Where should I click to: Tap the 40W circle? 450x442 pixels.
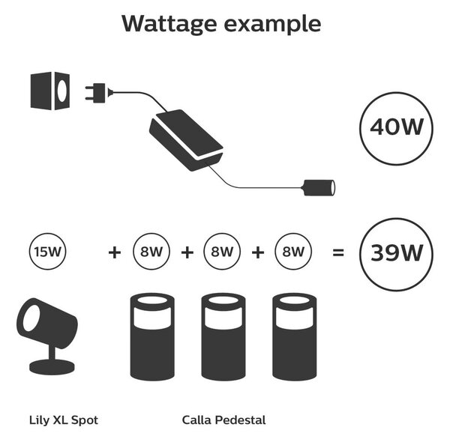point(396,128)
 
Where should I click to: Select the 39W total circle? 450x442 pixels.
point(396,254)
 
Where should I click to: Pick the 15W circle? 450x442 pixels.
point(48,252)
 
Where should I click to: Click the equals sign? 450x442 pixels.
point(337,252)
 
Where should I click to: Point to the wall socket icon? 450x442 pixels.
point(50,91)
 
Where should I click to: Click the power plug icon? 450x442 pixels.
point(98,93)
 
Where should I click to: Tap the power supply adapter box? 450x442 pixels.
point(186,140)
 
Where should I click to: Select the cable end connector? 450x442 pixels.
point(319,188)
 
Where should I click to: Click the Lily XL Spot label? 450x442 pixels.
point(64,420)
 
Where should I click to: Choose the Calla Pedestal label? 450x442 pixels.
point(223,420)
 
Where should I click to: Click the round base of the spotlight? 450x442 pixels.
point(52,367)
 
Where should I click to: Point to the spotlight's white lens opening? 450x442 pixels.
point(31,318)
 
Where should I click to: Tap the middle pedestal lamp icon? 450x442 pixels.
point(223,337)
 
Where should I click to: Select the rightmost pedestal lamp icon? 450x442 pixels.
point(295,337)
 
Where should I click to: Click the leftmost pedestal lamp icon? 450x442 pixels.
point(152,337)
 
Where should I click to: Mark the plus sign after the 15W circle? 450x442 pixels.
point(115,252)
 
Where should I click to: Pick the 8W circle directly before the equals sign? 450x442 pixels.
point(293,252)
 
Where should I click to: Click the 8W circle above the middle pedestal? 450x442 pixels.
point(222,252)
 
